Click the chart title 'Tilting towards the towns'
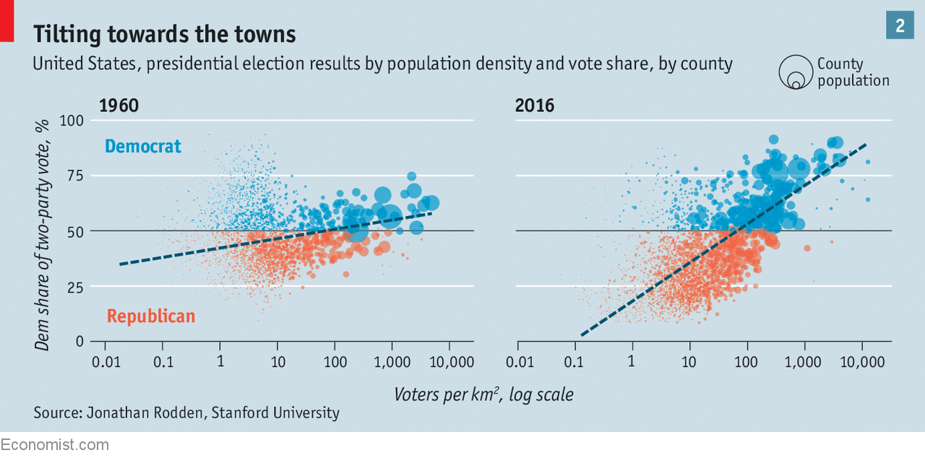tap(164, 34)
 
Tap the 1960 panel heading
tap(119, 106)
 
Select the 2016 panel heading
tap(535, 106)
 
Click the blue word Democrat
tap(142, 147)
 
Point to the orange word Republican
tap(151, 316)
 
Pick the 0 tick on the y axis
tap(80, 342)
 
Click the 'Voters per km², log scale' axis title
tap(483, 394)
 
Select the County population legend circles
tap(795, 73)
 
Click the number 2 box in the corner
tap(900, 26)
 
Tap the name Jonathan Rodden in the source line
tap(140, 413)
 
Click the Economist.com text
tap(54, 444)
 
